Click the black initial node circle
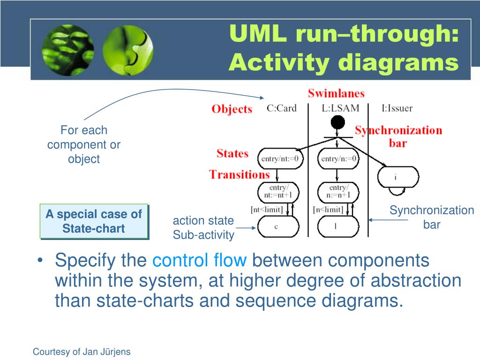coord(337,123)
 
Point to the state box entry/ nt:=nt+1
coord(278,192)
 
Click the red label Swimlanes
coord(336,93)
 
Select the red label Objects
coord(232,109)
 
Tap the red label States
coord(232,153)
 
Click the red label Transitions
coord(239,175)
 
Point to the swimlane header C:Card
coord(282,108)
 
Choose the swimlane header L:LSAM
coord(340,108)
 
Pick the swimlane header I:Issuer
coord(397,108)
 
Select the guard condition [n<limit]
coord(328,210)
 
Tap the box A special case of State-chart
coord(94,221)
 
